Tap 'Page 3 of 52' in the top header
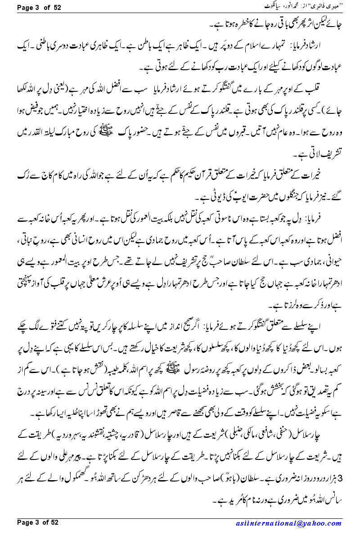38,7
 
